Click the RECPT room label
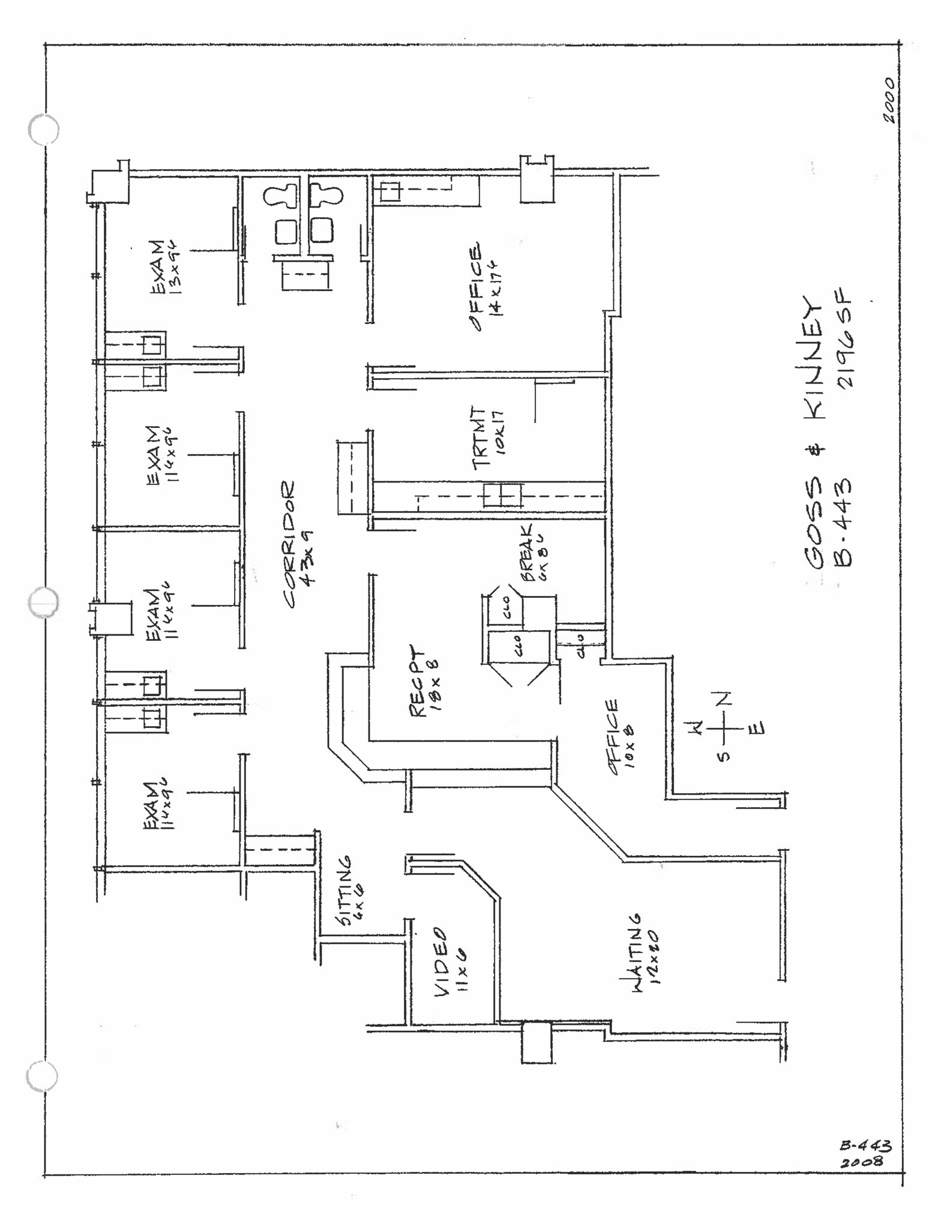coord(417,681)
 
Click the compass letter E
coord(757,729)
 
